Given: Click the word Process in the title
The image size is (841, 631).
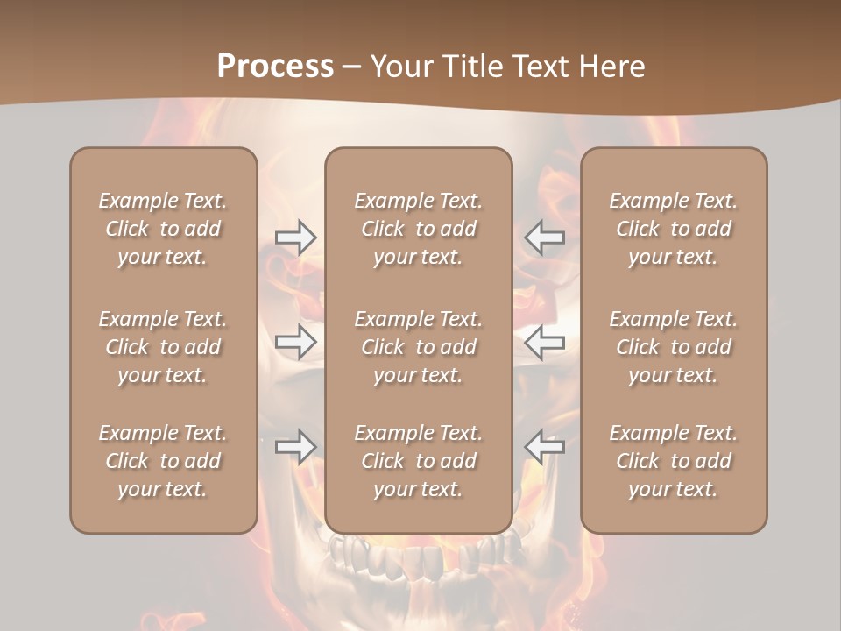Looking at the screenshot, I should click(275, 67).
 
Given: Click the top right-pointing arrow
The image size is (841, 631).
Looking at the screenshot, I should click(295, 238).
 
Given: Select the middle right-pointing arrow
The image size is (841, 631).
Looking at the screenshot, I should click(295, 341).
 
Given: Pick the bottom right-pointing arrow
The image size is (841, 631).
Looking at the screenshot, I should click(295, 447).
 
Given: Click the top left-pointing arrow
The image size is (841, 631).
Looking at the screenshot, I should click(545, 238).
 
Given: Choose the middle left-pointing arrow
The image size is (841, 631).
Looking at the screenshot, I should click(545, 341).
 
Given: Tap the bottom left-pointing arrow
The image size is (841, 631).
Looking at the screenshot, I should click(545, 447).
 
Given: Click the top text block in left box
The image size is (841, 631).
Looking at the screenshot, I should click(163, 229).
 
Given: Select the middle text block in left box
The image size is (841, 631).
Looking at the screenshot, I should click(163, 347).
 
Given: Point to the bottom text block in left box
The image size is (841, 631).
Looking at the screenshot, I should click(163, 461).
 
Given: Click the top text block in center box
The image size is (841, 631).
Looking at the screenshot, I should click(418, 229).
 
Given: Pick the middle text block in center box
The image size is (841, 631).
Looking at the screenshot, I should click(418, 347).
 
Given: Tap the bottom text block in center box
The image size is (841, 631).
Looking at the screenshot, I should click(418, 461).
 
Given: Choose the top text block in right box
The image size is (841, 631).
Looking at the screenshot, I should click(673, 229).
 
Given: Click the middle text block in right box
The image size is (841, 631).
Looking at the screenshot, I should click(673, 347).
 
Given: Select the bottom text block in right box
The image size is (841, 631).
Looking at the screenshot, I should click(673, 461).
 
